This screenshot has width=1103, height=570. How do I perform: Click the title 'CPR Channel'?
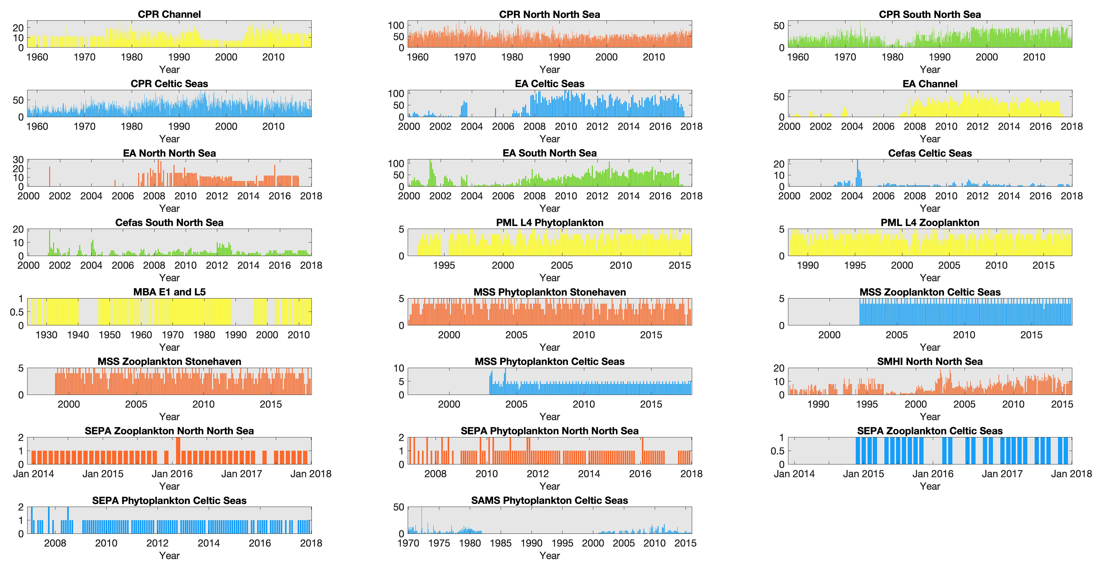169,14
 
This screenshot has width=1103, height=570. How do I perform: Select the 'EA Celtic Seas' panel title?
549,83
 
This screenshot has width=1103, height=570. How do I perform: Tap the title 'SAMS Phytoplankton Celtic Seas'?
549,500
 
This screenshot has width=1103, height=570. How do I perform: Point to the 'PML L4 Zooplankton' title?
930,222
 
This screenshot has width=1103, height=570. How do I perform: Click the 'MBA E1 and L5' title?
169,292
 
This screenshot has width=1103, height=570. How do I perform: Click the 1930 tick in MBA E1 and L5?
46,335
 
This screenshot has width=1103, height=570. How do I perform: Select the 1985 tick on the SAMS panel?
500,543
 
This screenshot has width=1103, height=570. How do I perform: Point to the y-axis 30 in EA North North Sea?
18,159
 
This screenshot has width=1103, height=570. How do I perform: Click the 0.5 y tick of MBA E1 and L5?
17,312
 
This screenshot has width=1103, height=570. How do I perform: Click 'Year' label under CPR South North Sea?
930,69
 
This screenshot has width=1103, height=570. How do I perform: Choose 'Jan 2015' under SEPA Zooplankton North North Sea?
103,474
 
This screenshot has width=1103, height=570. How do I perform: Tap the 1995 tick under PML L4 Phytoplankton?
444,265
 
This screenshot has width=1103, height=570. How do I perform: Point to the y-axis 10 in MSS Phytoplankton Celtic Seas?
399,368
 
